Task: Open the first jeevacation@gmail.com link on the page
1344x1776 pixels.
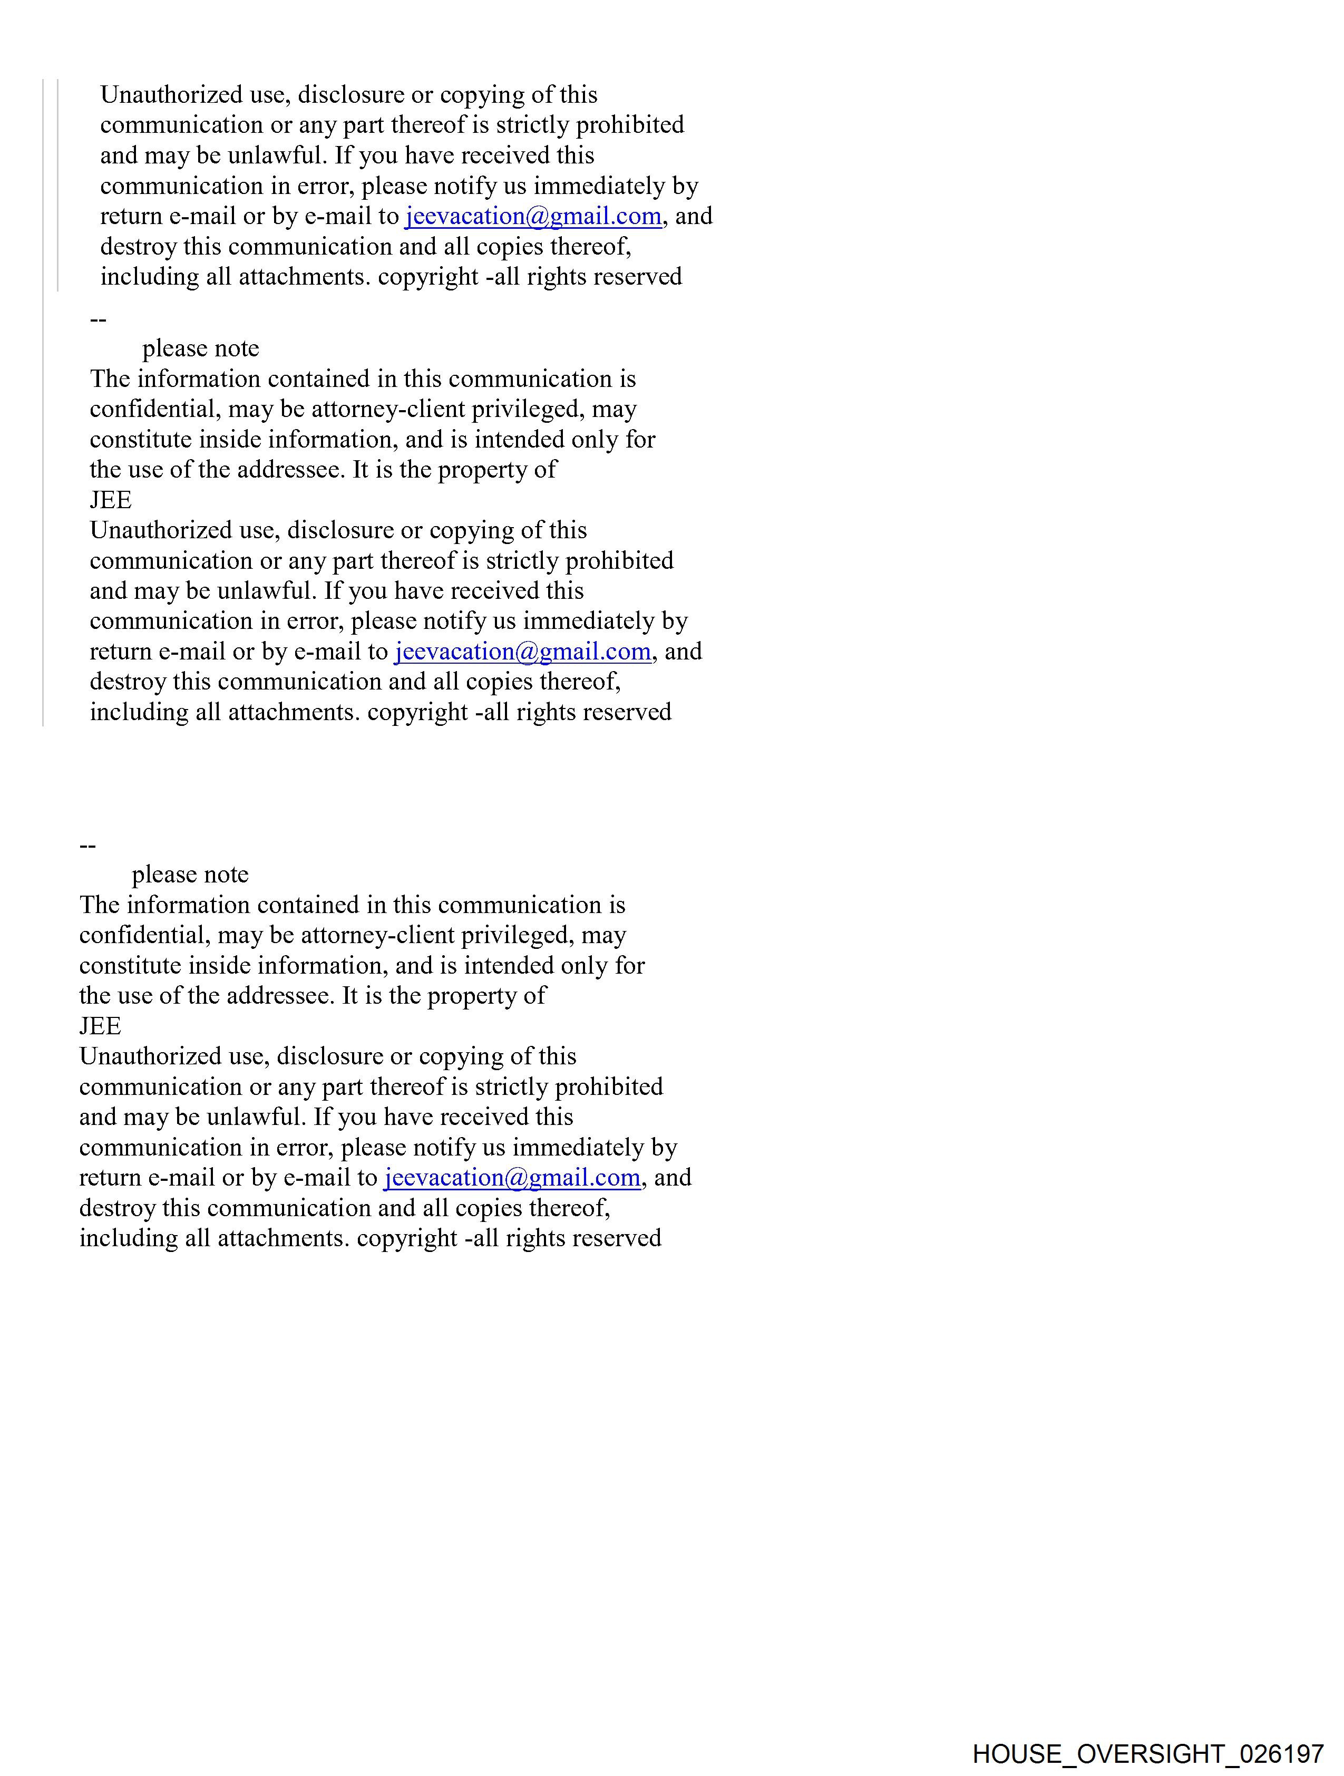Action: (x=533, y=216)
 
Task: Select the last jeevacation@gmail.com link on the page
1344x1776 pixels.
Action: (x=512, y=1177)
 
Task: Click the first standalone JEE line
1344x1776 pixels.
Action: (x=111, y=500)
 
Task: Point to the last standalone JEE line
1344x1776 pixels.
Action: (x=100, y=1026)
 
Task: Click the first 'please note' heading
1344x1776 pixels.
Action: (x=201, y=348)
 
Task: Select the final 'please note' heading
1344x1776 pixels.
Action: (x=190, y=875)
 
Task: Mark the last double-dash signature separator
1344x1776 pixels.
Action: (x=87, y=846)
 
